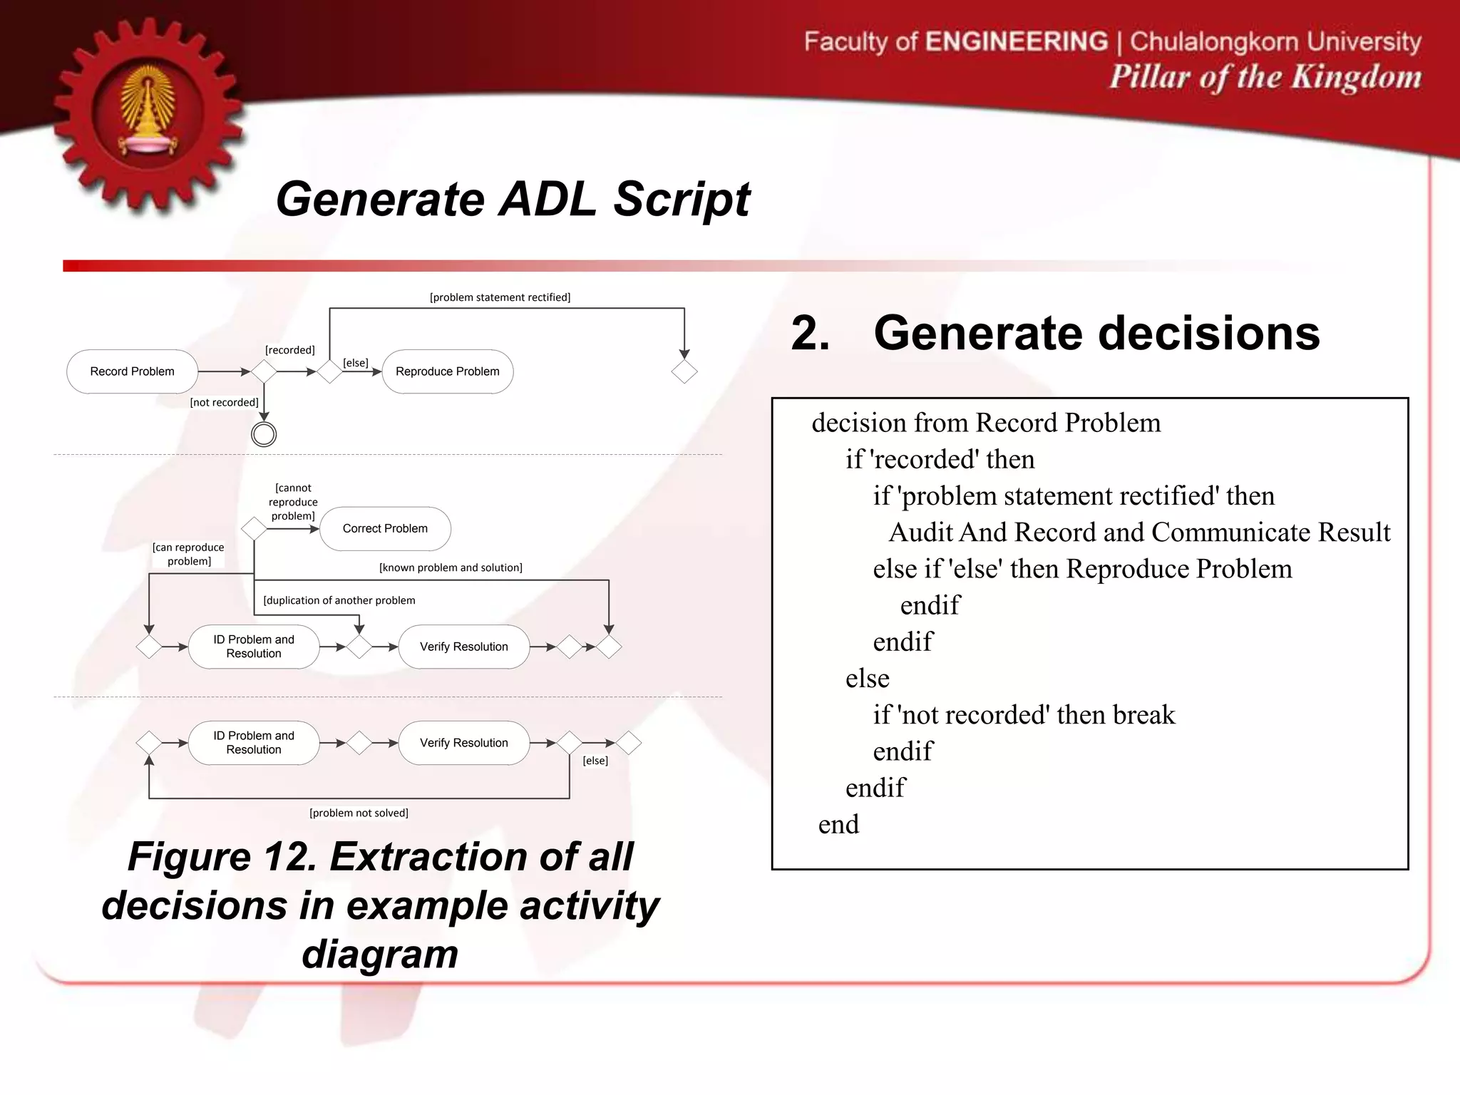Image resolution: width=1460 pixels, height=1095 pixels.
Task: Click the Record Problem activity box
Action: [132, 371]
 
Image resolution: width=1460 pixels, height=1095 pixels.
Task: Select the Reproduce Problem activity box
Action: [448, 371]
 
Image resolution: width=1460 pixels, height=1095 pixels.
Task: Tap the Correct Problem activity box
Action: [385, 528]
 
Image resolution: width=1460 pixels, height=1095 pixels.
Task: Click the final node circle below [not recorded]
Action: [264, 434]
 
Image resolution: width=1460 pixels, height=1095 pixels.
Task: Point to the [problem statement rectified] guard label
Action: [500, 297]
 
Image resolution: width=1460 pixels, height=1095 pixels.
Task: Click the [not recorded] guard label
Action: [224, 402]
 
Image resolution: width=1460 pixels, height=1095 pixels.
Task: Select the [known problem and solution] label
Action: [451, 567]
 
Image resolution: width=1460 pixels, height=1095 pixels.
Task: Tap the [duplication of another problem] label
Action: [339, 600]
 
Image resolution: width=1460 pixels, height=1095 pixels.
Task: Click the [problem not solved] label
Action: [359, 813]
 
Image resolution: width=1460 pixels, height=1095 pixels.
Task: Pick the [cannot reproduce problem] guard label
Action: [293, 502]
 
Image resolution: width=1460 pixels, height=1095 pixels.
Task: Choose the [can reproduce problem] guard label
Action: [188, 554]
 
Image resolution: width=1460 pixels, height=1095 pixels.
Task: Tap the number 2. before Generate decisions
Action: [811, 334]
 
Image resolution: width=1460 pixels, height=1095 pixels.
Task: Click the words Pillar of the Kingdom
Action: [1265, 77]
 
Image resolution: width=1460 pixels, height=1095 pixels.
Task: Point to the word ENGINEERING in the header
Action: [1017, 41]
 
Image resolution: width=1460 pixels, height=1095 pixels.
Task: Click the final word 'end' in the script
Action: [838, 824]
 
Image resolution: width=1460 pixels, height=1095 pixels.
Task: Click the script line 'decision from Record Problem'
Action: [986, 423]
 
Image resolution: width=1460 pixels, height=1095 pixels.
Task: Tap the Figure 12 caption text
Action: [380, 905]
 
